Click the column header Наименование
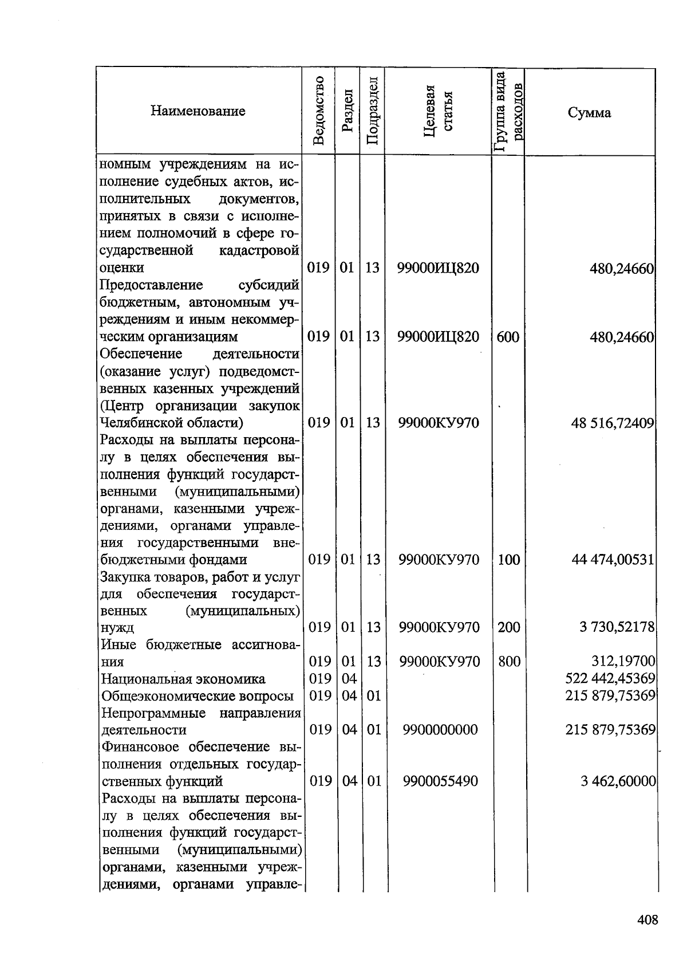tap(198, 111)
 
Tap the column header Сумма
tap(589, 112)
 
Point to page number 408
tap(647, 921)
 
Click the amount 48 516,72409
tap(612, 423)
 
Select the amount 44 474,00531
tap(613, 560)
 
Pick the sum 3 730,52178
tap(617, 627)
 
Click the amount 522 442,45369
tap(610, 679)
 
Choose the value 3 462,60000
tap(618, 781)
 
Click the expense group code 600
tap(508, 337)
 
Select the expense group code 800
tap(509, 662)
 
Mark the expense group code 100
tap(508, 560)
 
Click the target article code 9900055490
tap(440, 781)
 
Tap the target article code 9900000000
tap(440, 730)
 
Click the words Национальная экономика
tap(183, 679)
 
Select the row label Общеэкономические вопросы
tap(198, 696)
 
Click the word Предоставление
tap(151, 285)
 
